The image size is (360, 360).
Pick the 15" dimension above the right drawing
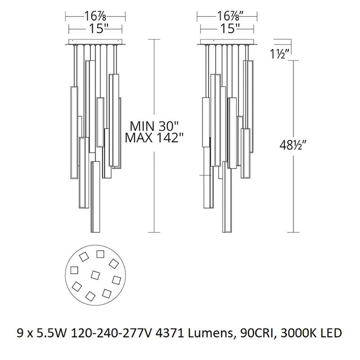(x=228, y=29)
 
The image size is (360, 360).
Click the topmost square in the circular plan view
(x=100, y=254)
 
